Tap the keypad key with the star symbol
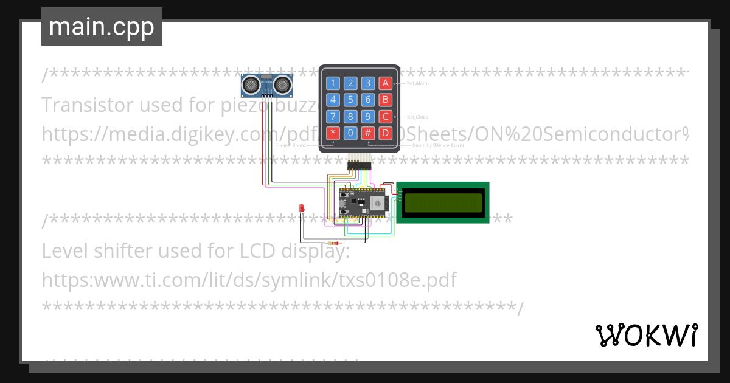[333, 133]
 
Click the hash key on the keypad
[368, 133]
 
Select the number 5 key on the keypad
[350, 100]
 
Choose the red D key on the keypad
[385, 133]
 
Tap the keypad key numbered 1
[333, 83]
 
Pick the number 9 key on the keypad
[368, 116]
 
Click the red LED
[302, 209]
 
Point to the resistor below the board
[334, 243]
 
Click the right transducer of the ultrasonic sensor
[282, 85]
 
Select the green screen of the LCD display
[442, 202]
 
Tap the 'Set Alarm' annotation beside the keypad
[418, 83]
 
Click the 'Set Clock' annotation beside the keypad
[417, 117]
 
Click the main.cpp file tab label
[102, 27]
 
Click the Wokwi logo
[646, 335]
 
